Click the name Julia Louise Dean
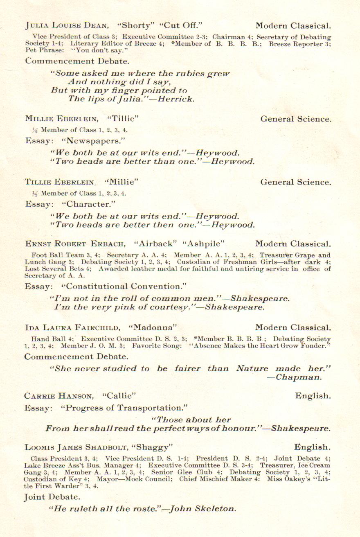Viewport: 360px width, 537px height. (67, 26)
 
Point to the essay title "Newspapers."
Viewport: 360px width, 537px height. (94, 141)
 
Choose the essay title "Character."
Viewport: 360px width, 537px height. (89, 204)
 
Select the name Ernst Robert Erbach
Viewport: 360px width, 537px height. (75, 244)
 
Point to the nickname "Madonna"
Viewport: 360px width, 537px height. (152, 327)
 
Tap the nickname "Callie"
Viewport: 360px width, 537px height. (119, 396)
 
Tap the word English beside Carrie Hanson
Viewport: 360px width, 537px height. (313, 396)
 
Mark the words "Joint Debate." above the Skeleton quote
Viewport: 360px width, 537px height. (52, 497)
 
